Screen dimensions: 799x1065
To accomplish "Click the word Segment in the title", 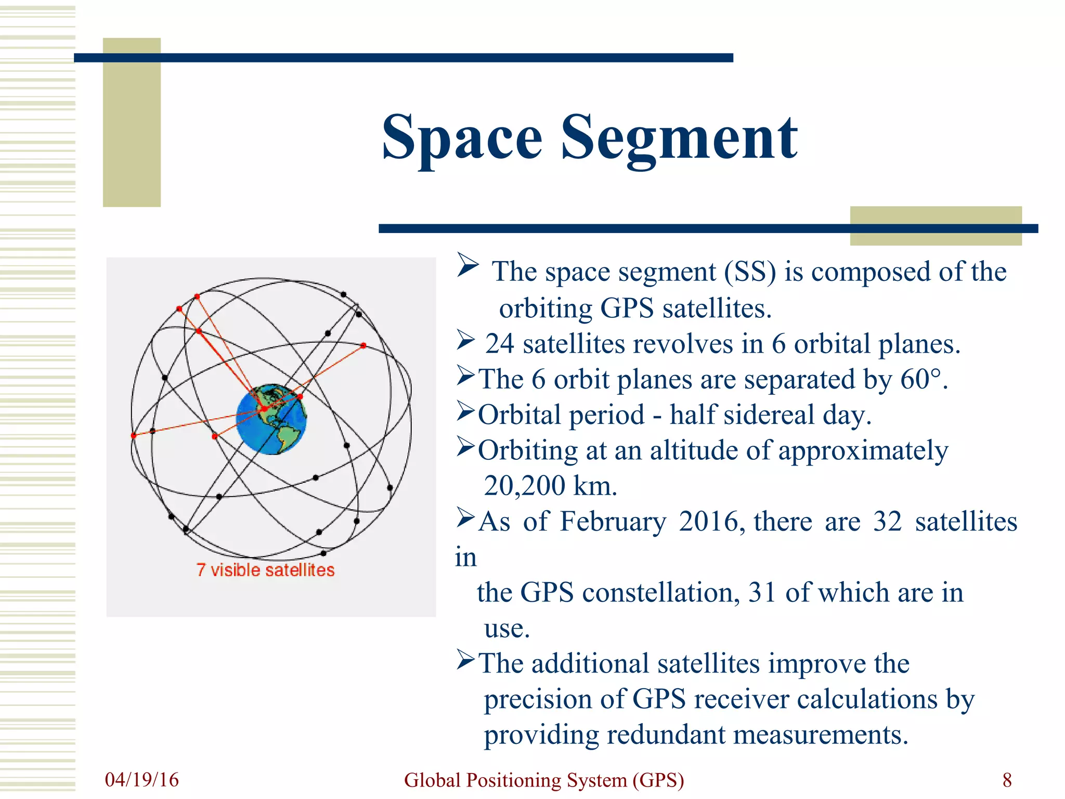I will tap(679, 138).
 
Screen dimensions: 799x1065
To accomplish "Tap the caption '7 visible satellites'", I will tap(265, 570).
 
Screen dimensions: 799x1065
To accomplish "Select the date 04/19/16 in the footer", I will tap(141, 780).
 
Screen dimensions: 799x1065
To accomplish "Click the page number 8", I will tap(1007, 780).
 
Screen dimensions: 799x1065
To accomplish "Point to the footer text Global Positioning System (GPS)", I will tap(544, 780).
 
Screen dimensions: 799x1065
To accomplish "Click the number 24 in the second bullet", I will tap(499, 344).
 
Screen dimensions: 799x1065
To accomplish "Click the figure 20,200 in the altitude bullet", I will tap(524, 486).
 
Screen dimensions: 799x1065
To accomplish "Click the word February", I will tap(613, 521).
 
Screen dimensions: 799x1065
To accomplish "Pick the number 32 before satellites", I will tap(887, 521).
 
